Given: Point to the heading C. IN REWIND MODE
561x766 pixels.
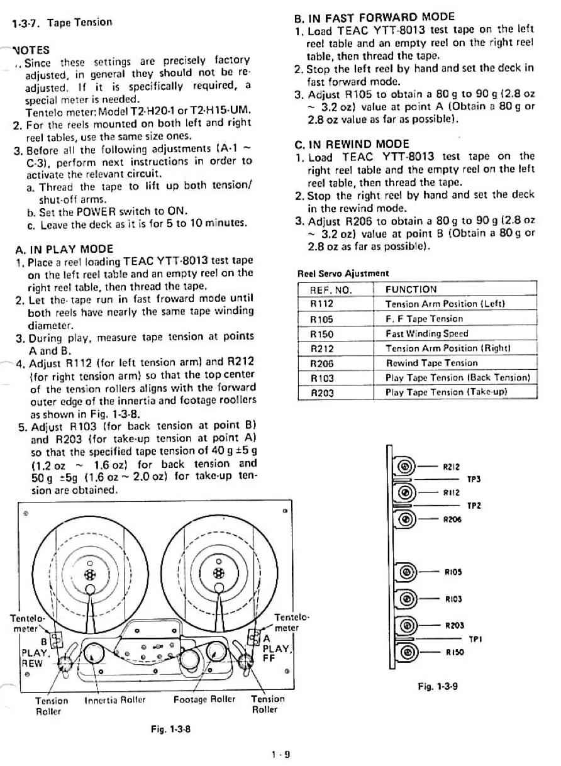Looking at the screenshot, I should (352, 144).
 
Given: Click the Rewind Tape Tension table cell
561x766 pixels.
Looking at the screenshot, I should (431, 363).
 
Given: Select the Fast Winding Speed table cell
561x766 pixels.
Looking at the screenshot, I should (426, 333).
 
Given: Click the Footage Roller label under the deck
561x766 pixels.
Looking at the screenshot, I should (204, 699).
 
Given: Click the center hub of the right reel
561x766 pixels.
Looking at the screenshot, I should (218, 572).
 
